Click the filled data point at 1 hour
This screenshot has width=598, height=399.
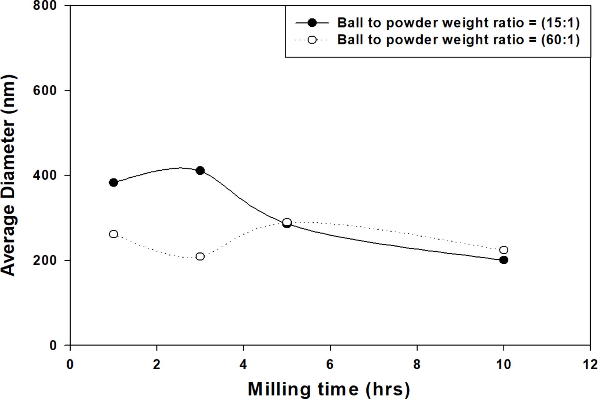coord(113,182)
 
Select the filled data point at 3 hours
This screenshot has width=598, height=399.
coord(200,170)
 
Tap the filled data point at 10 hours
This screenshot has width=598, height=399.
coord(504,260)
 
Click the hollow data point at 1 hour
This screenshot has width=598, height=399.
coord(113,234)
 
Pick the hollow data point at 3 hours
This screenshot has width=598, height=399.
coord(200,256)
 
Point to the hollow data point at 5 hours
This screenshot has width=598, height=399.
coord(287,222)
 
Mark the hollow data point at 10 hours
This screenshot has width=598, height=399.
coord(504,250)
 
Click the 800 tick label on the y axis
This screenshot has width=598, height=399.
coord(45,6)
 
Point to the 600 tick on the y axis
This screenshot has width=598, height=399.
coord(45,90)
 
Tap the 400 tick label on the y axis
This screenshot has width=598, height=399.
coord(45,175)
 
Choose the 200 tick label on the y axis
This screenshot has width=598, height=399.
coord(45,260)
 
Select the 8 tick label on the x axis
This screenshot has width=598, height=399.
coord(417,365)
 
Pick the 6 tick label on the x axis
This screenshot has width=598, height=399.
coord(330,365)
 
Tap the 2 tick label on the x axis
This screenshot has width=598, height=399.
coord(157,365)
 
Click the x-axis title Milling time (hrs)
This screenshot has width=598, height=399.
coord(329,389)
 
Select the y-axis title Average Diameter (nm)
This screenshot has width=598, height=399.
coord(9,175)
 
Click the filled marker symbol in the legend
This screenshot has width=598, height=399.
coord(312,23)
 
